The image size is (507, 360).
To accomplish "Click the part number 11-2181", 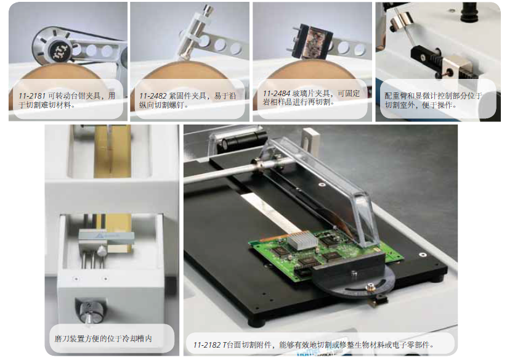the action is (31, 96).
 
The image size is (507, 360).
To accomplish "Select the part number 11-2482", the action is (153, 96).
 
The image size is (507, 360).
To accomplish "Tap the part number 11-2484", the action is (277, 94).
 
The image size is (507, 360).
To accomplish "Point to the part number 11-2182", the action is (207, 345).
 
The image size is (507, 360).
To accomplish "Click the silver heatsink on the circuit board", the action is (301, 240).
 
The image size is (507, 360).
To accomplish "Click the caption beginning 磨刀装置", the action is (103, 338).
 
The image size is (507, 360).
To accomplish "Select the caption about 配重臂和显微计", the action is (433, 100).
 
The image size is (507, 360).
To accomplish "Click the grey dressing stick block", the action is (107, 237).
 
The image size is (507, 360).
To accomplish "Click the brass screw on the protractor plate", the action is (370, 287).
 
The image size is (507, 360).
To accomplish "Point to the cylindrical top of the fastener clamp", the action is (208, 10).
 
